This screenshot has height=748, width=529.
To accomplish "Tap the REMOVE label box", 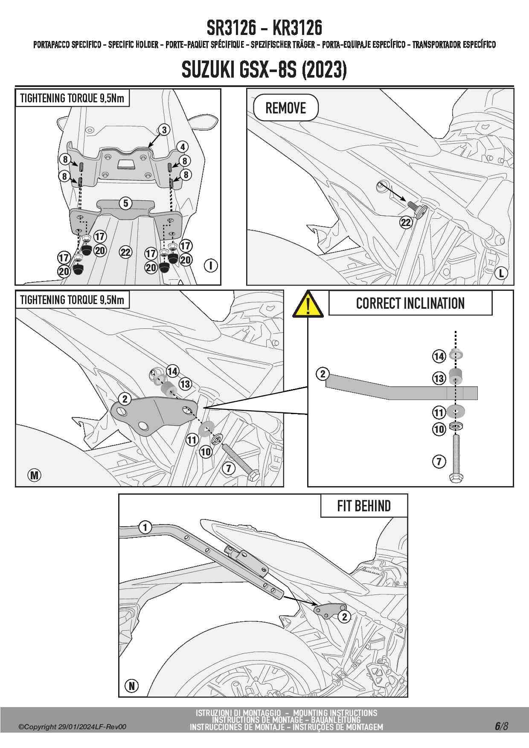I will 286,108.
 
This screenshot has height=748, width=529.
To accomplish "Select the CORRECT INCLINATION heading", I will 410,303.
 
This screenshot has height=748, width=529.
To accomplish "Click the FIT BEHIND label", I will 364,506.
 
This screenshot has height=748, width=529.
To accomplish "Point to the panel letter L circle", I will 502,273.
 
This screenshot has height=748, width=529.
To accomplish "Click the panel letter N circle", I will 132,686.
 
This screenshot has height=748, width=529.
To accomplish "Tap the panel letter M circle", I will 35,475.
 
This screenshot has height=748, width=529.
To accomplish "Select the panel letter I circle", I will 211,265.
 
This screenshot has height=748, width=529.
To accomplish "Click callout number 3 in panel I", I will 164,130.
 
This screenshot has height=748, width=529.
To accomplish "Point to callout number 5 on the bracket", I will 125,203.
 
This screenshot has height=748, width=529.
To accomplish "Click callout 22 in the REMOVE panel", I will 406,222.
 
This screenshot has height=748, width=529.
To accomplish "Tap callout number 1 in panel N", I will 145,527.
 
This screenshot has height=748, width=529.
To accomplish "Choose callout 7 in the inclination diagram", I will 439,461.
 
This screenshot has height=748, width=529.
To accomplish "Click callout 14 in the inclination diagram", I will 439,356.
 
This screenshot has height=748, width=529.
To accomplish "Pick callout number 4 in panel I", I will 183,147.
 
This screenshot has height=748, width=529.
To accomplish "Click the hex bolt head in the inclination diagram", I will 456,478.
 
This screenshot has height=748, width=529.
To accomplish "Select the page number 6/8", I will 501,726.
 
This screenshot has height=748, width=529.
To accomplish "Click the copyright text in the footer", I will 72,727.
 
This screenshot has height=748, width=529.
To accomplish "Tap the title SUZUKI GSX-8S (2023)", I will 264,69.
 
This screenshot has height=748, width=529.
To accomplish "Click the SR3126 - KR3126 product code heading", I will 264,28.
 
